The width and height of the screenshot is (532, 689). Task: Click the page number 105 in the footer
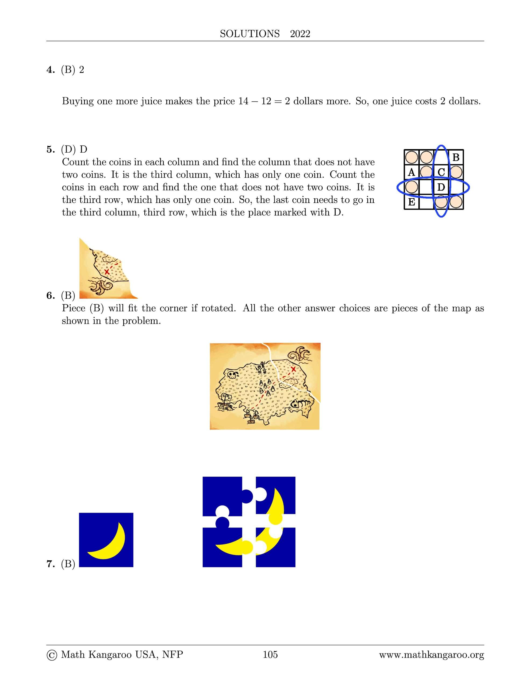point(270,655)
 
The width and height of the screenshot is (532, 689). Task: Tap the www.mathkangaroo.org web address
point(431,655)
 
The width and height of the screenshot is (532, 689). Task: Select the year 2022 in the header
point(300,34)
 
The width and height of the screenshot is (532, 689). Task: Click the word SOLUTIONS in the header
point(250,34)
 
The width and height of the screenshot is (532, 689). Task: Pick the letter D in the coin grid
point(441,187)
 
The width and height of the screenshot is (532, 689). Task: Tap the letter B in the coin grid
point(456,157)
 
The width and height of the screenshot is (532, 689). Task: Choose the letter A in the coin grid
point(411,172)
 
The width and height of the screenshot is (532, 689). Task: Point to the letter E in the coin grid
point(411,202)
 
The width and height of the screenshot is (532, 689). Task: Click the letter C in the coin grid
point(441,172)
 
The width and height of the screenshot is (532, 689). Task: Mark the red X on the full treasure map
point(293,369)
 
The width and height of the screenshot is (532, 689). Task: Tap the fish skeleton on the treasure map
point(301,403)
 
